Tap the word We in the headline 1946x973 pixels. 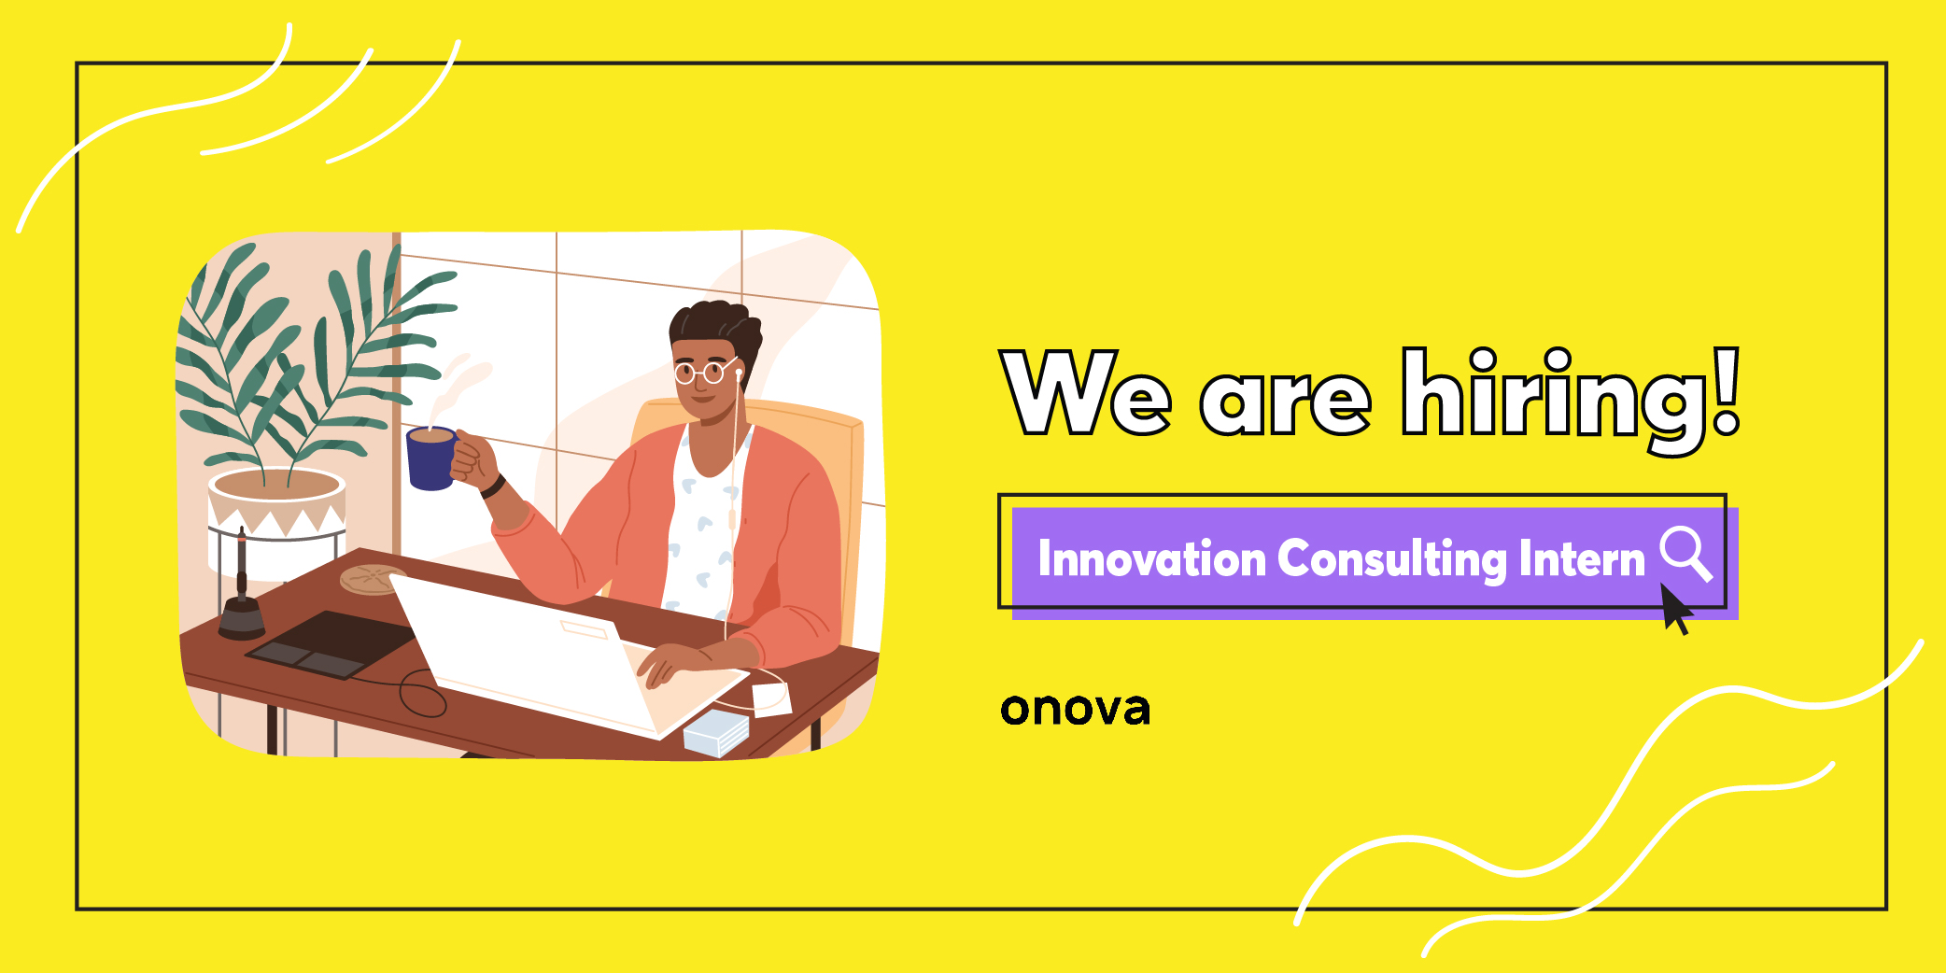(x=1085, y=392)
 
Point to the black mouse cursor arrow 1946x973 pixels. (x=1676, y=609)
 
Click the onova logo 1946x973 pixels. (x=1075, y=709)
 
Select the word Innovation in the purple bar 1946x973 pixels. (x=1152, y=558)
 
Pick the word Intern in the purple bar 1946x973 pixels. (x=1582, y=558)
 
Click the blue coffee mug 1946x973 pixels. (x=431, y=458)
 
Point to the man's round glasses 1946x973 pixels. (x=704, y=373)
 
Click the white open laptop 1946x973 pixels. (x=560, y=654)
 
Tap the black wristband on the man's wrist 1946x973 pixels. (x=493, y=486)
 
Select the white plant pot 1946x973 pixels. (x=277, y=523)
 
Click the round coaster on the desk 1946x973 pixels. (x=373, y=579)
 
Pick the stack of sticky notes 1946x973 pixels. (x=717, y=732)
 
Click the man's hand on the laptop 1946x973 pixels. (x=673, y=661)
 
